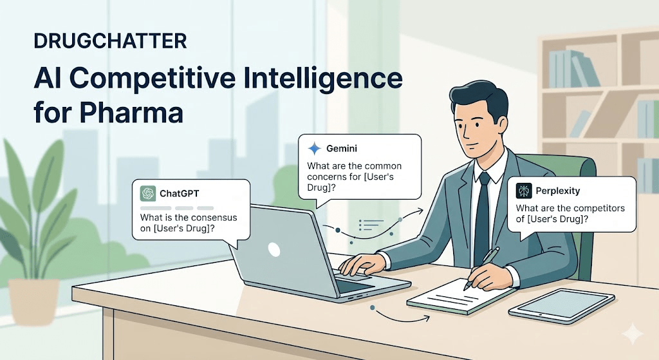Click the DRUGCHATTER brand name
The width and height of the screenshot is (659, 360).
tap(110, 41)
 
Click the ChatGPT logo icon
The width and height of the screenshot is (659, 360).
tap(148, 193)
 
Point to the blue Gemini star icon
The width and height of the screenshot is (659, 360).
tap(314, 149)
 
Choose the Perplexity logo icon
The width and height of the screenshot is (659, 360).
tap(524, 191)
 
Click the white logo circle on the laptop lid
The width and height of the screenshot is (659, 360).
tap(274, 250)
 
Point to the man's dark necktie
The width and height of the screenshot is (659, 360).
tap(482, 219)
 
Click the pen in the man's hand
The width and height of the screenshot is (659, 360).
tap(483, 267)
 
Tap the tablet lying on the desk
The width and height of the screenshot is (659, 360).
tap(562, 306)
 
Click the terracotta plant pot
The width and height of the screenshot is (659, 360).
tap(34, 300)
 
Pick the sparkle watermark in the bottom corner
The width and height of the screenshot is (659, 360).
tap(632, 334)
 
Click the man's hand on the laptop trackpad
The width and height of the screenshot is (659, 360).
tap(362, 263)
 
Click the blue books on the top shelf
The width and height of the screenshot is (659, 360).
tap(573, 69)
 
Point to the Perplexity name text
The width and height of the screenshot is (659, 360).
tap(558, 191)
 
